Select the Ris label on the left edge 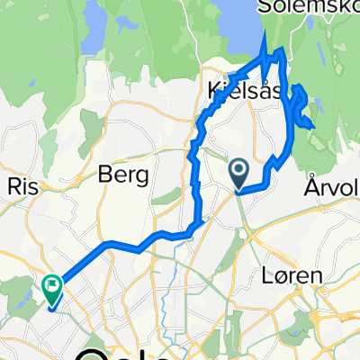coord(20,185)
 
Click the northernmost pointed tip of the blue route coord(266,34)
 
